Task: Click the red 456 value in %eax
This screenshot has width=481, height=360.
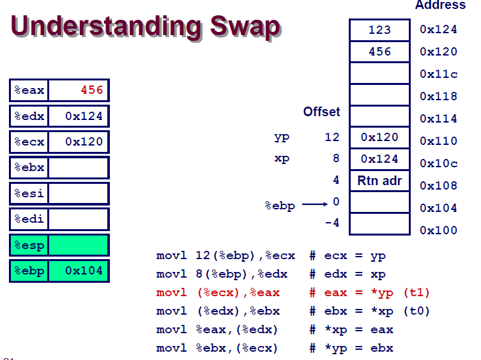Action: (x=92, y=90)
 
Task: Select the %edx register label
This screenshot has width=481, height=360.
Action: (x=29, y=116)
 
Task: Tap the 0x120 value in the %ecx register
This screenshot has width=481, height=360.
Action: (x=84, y=142)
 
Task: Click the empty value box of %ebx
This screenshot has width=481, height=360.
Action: (x=78, y=167)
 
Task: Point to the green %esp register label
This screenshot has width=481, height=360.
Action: (x=29, y=245)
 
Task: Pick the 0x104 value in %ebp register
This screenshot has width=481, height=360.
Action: (x=84, y=271)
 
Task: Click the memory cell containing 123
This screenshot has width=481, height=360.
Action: (x=379, y=30)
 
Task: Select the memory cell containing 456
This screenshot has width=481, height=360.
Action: (x=379, y=52)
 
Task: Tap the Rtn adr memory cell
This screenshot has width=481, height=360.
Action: (x=379, y=181)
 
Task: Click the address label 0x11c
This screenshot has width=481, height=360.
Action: (x=438, y=74)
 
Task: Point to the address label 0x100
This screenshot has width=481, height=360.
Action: (x=438, y=230)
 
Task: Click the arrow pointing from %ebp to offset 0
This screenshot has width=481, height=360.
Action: (x=315, y=204)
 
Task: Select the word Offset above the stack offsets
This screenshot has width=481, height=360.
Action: (x=321, y=112)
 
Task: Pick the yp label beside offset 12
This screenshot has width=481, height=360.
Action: (x=282, y=137)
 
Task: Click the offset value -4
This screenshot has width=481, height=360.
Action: (x=332, y=222)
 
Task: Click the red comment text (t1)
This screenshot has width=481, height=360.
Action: (x=416, y=292)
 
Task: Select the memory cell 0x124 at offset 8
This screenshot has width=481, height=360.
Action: (x=379, y=159)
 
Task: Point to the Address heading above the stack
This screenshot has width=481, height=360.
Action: (x=440, y=5)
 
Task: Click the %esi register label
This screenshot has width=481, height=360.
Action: (x=29, y=193)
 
